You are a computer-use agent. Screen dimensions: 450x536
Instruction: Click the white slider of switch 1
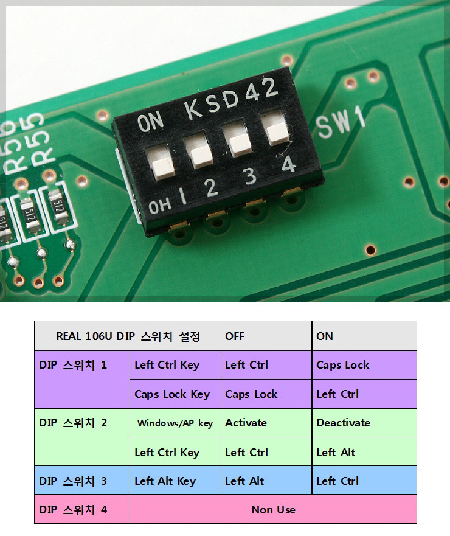pos(163,168)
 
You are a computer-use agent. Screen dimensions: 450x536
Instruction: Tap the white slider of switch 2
pos(202,157)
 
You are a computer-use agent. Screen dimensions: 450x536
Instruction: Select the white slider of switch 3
pos(240,145)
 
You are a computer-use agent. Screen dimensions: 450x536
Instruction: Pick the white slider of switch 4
pos(277,134)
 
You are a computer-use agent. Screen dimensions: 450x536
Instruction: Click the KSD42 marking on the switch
pos(231,99)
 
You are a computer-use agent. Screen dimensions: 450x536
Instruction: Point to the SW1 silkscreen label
pos(341,122)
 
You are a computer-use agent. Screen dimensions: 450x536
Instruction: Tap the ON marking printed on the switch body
pos(150,122)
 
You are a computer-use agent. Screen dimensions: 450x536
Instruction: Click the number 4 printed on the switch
pos(289,164)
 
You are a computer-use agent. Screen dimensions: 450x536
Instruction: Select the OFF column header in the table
pos(266,336)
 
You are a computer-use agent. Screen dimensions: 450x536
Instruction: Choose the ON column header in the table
pos(364,336)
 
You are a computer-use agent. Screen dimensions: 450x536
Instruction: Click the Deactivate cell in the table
pos(364,423)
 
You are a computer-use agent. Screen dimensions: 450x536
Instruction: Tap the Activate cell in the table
pos(266,423)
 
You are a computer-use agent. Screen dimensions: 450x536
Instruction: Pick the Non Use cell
pos(273,509)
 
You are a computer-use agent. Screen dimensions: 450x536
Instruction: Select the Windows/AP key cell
pos(175,423)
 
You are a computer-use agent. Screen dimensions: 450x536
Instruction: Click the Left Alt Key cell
pos(175,481)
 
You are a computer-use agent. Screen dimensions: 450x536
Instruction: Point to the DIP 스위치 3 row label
pos(82,481)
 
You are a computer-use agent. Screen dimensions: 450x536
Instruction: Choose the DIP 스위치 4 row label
pos(82,509)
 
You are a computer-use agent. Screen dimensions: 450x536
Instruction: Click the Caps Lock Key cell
pos(175,394)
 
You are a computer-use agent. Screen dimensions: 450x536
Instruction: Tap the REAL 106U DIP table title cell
pos(128,336)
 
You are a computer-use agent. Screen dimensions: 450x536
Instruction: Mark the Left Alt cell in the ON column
pos(364,452)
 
